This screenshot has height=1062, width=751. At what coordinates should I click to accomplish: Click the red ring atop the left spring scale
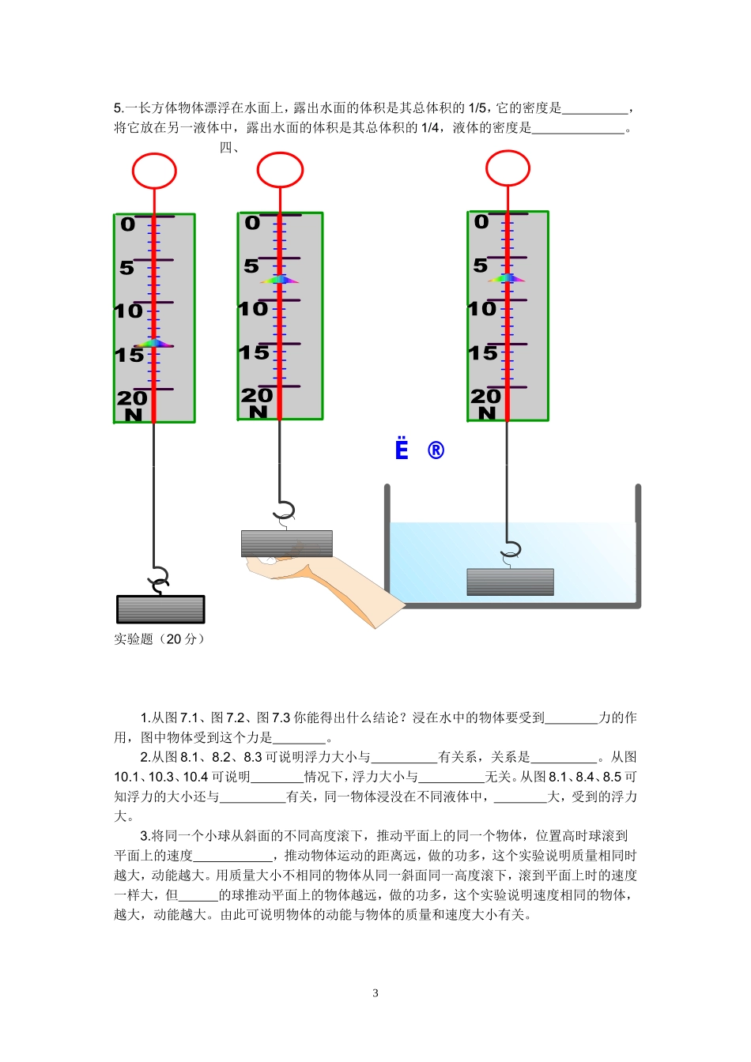click(154, 171)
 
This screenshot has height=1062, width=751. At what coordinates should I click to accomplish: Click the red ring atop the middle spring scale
click(280, 170)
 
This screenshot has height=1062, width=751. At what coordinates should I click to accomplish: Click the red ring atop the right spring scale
click(508, 168)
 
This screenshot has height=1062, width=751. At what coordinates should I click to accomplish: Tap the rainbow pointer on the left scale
click(154, 344)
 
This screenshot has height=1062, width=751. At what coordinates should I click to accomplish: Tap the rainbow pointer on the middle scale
click(280, 280)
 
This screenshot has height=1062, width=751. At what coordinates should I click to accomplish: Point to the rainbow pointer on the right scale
click(507, 278)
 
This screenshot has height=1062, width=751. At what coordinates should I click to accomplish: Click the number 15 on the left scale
click(129, 356)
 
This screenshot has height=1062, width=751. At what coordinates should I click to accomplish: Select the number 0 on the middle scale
click(252, 224)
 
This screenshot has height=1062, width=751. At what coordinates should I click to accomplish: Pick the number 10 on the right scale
click(481, 309)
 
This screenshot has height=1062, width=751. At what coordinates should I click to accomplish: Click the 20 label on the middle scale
click(257, 395)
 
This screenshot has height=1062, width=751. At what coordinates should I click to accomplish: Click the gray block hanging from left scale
click(160, 609)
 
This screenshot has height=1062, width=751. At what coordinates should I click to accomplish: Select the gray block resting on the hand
click(286, 544)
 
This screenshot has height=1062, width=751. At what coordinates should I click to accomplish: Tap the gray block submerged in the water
click(510, 582)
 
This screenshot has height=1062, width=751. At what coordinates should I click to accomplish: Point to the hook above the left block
click(160, 579)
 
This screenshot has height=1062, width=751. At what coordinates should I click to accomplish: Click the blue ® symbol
click(436, 450)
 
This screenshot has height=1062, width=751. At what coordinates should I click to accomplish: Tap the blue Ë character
click(402, 449)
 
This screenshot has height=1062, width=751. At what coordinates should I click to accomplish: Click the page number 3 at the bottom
click(375, 993)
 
